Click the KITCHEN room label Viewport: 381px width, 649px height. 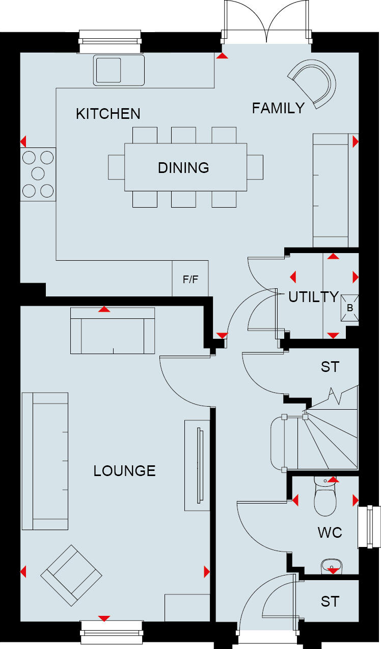tap(108, 114)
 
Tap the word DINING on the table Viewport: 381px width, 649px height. tap(183, 168)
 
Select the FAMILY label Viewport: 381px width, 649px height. tap(278, 108)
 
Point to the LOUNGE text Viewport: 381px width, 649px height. tap(124, 470)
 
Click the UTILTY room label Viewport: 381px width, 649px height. tap(313, 297)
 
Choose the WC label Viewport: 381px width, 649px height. tap(330, 533)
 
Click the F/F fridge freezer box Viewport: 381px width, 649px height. tap(190, 279)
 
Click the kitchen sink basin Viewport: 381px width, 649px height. tap(107, 69)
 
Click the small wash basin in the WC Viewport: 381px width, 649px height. tap(332, 564)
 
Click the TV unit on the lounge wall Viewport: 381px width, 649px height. tap(198, 462)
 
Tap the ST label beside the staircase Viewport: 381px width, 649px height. tap(330, 367)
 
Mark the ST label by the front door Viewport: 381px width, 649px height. tap(330, 602)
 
